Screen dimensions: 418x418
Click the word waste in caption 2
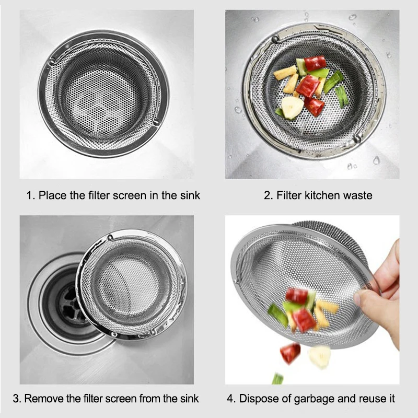pyautogui.click(x=358, y=196)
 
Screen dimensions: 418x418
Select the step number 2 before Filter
pyautogui.click(x=267, y=196)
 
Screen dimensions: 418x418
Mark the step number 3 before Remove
pyautogui.click(x=16, y=399)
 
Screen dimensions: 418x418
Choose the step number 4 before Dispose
pyautogui.click(x=230, y=399)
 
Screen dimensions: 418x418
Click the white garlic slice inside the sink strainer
pyautogui.click(x=292, y=108)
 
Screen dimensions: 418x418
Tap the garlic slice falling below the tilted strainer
pyautogui.click(x=319, y=356)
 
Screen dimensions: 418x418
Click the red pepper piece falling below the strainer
pyautogui.click(x=290, y=353)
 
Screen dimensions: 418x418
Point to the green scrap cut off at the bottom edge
pyautogui.click(x=277, y=378)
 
